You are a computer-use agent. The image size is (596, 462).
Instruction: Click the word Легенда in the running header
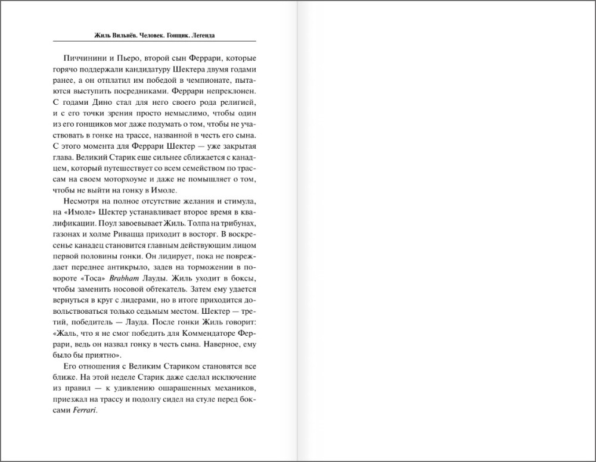click(201, 36)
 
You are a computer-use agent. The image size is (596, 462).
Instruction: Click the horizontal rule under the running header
click(154, 41)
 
